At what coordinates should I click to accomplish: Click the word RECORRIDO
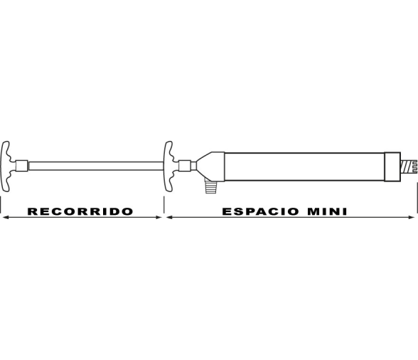tap(80, 211)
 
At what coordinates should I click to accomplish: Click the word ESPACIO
tap(260, 211)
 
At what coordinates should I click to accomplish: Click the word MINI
tap(327, 211)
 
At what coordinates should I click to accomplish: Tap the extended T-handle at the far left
tap(6, 166)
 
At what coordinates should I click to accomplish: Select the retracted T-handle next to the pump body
tap(168, 166)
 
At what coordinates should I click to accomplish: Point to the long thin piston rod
tap(96, 166)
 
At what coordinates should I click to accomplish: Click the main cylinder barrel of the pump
tap(304, 166)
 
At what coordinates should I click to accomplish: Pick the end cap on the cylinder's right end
tap(392, 166)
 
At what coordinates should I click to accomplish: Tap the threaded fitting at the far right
tap(408, 166)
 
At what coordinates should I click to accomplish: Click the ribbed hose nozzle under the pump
tap(210, 186)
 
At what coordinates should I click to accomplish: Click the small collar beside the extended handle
tap(21, 166)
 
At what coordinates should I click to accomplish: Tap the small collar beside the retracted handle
tap(185, 166)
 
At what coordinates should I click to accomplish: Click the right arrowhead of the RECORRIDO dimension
tap(159, 218)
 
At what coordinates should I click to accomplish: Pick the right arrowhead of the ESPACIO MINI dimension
tap(412, 218)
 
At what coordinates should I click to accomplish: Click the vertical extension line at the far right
tap(417, 198)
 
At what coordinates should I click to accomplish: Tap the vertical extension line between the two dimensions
tap(164, 205)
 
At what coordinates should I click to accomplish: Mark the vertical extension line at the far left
tap(1, 205)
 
